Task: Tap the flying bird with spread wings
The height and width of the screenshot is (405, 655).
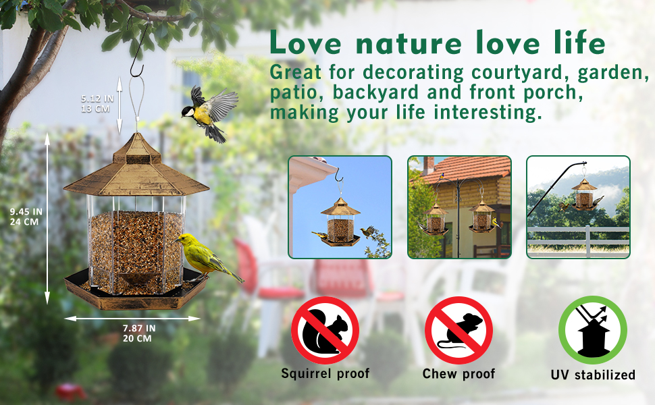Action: point(209,111)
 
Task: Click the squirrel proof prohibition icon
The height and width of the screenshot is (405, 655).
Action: point(325,331)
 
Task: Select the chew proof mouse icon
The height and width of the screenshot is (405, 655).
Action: point(459,331)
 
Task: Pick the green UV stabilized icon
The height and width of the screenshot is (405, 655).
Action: point(592,331)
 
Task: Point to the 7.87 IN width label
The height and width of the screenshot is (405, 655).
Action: point(138,328)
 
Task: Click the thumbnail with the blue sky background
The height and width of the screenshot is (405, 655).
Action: point(340,207)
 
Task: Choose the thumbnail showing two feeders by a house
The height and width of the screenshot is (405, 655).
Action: point(459,207)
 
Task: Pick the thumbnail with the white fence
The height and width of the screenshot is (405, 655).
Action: point(578,207)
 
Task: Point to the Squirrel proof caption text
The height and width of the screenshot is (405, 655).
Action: point(325,373)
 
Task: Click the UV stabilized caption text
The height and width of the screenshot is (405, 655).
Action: point(593,375)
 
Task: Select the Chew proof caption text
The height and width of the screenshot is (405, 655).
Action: point(459,373)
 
